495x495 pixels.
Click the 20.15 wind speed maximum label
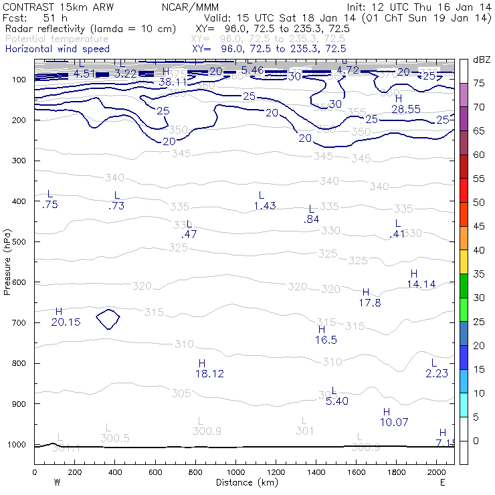pyautogui.click(x=66, y=322)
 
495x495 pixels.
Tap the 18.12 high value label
pyautogui.click(x=209, y=374)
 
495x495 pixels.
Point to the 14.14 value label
pyautogui.click(x=421, y=284)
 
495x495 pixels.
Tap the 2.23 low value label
pyautogui.click(x=437, y=373)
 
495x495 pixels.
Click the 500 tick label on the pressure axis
pyautogui.click(x=19, y=241)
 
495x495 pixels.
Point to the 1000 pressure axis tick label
pyautogui.click(x=17, y=445)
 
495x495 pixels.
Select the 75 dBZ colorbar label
pyautogui.click(x=479, y=83)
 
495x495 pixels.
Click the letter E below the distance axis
pyautogui.click(x=442, y=482)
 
